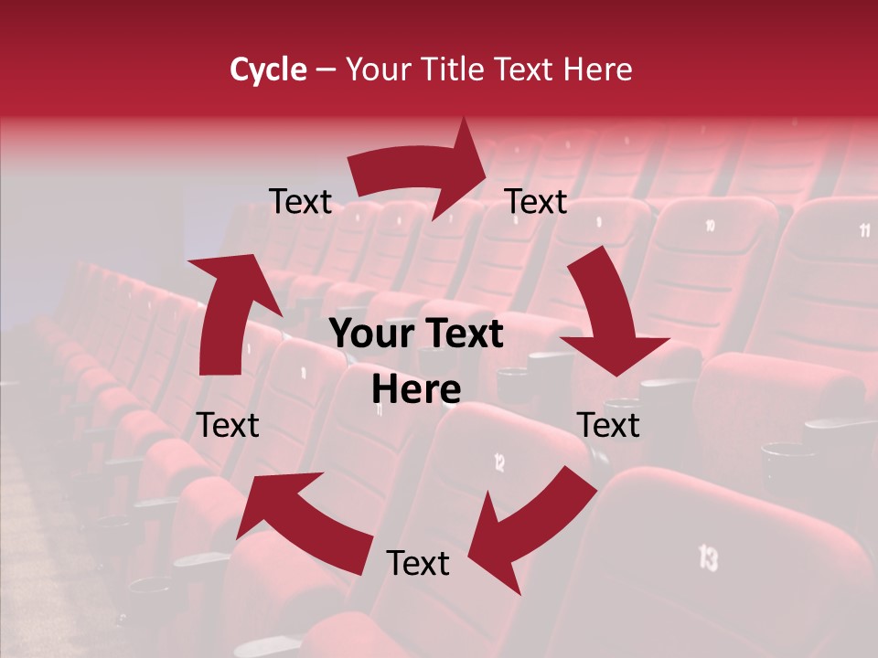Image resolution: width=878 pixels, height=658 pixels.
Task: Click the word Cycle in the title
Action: click(x=268, y=69)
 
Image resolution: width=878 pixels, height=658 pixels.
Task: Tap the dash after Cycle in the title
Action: click(x=326, y=70)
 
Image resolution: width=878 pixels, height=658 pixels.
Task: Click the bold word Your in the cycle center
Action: click(x=371, y=334)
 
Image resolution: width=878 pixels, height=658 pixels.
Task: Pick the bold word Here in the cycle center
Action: click(x=416, y=390)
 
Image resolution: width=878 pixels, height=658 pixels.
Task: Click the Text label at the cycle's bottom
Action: click(x=418, y=563)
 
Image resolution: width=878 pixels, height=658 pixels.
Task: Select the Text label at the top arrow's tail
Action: click(x=300, y=201)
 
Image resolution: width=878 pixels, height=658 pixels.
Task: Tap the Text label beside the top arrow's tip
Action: click(x=536, y=201)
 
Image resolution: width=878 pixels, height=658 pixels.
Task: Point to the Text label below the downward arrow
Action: click(x=608, y=425)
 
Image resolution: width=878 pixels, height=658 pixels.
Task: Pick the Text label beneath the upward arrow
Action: click(x=228, y=425)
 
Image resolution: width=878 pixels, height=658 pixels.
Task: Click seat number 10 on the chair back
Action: click(x=711, y=226)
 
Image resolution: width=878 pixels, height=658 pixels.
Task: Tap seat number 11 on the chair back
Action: click(x=864, y=229)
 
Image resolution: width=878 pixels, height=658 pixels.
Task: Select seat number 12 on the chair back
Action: click(x=499, y=462)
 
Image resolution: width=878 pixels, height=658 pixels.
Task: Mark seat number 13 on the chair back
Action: click(x=708, y=557)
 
